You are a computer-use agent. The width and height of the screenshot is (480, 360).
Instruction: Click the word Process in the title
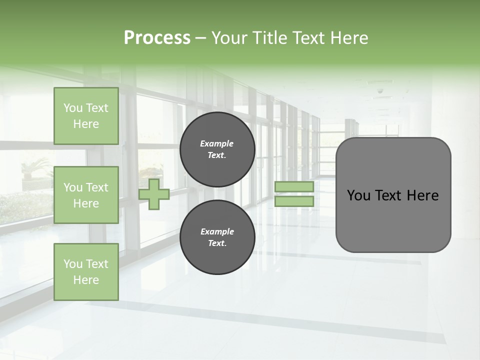157,38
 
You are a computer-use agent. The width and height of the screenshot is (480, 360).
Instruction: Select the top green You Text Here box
86,116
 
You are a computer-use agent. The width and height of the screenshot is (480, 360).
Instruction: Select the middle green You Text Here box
86,195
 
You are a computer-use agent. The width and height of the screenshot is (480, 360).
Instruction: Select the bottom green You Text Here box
86,272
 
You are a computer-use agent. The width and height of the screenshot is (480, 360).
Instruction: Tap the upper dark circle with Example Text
217,149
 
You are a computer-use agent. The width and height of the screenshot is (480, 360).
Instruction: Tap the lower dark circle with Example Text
217,237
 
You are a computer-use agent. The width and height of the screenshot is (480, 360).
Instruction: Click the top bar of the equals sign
294,186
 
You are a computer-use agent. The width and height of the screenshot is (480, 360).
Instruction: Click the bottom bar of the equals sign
294,201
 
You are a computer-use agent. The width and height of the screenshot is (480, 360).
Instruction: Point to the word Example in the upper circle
217,144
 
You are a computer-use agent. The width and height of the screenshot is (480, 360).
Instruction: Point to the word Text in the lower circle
216,243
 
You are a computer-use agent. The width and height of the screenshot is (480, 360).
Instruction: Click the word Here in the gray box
422,195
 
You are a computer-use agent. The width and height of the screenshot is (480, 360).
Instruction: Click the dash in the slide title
201,38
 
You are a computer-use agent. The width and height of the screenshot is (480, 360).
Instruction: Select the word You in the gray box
358,195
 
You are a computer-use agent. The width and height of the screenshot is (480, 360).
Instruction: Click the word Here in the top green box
86,124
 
